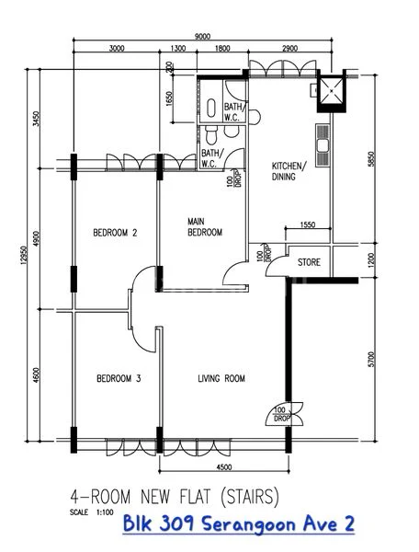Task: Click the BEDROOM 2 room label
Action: click(115, 233)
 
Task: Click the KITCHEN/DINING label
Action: click(288, 172)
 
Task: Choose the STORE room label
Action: click(309, 263)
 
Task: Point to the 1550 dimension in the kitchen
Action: click(307, 224)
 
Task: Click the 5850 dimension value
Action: click(372, 158)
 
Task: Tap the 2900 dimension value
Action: click(289, 49)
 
